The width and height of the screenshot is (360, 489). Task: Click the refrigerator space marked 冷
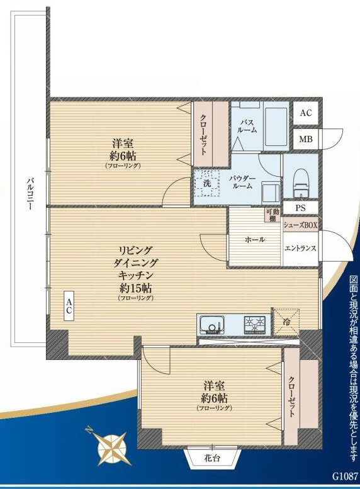click(286, 322)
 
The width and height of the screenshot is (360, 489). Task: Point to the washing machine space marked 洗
click(207, 183)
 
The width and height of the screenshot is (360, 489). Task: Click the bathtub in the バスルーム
click(276, 127)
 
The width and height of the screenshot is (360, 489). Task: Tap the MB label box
click(306, 139)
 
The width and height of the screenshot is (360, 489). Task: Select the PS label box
click(300, 208)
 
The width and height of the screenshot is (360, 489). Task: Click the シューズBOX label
click(300, 225)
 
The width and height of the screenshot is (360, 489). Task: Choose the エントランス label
click(300, 248)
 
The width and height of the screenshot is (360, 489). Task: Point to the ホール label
click(255, 240)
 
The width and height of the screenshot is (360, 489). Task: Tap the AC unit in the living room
click(69, 306)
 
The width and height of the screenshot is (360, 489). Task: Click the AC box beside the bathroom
click(306, 113)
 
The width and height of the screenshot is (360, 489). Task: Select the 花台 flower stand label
click(212, 458)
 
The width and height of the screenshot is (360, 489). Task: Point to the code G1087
click(344, 476)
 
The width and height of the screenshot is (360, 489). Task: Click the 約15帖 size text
click(135, 287)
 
